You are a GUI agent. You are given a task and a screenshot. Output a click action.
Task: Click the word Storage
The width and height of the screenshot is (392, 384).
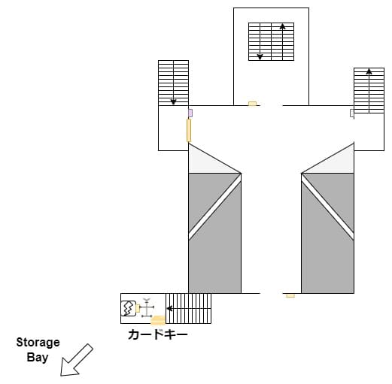(x=38, y=343)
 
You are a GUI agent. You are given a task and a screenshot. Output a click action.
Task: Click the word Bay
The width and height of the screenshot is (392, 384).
(x=38, y=358)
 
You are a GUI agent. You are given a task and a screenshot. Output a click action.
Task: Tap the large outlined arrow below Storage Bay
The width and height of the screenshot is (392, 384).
(x=76, y=361)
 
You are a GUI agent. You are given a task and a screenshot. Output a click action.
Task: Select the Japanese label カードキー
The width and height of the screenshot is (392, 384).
(x=158, y=334)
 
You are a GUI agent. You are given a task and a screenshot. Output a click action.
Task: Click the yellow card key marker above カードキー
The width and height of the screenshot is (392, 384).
(x=158, y=320)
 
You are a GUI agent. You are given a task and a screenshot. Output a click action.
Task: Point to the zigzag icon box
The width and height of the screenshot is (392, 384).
(x=129, y=309)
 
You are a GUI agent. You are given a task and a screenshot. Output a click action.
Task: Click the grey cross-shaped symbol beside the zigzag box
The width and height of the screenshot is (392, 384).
(x=147, y=308)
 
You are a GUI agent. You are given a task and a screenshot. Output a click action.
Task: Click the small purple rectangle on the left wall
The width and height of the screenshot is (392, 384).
(x=190, y=113)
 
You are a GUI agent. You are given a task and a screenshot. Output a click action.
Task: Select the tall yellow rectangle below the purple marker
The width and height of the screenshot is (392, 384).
(x=189, y=130)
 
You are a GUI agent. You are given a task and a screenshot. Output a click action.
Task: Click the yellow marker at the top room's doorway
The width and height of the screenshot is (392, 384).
(x=252, y=104)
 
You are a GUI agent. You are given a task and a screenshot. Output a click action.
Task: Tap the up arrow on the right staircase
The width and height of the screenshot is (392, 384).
(x=369, y=91)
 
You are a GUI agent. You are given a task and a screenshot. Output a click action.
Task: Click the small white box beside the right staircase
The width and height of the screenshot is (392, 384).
(x=352, y=113)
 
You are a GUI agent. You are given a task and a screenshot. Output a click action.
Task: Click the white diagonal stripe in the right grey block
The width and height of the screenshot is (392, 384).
(x=327, y=207)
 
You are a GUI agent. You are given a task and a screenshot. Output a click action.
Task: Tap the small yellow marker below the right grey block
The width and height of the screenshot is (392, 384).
(x=290, y=296)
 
